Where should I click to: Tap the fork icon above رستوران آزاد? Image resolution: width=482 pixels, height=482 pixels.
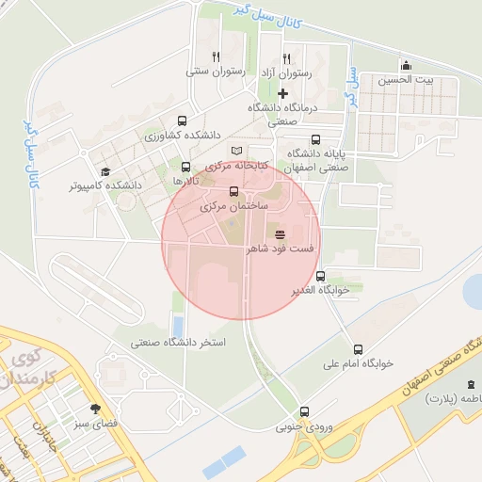click(285, 57)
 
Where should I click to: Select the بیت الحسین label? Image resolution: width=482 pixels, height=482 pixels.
click(407, 81)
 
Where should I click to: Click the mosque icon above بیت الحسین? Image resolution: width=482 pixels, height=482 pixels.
click(406, 65)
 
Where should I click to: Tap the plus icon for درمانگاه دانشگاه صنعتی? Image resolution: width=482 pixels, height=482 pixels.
click(282, 92)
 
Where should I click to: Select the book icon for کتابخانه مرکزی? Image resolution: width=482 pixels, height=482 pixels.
click(236, 151)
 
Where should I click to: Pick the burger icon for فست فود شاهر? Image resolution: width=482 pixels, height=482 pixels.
click(281, 234)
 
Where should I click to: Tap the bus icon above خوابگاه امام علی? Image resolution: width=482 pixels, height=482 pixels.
click(357, 348)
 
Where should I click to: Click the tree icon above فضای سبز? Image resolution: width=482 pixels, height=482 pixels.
click(94, 409)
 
